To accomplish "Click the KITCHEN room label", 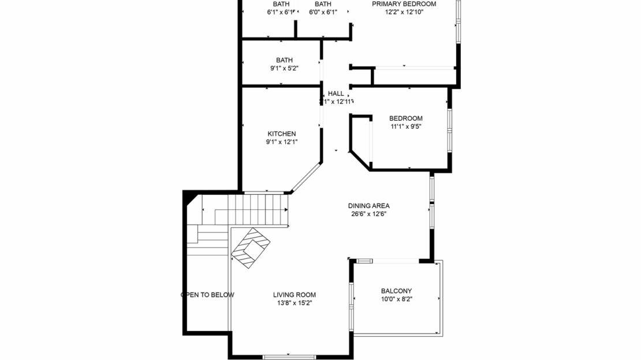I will [281, 134].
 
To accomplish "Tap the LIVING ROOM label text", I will [294, 295].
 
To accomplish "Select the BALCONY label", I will [396, 291].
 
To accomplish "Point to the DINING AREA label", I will [368, 206].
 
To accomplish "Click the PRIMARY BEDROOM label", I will [404, 3].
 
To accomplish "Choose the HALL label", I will [336, 94].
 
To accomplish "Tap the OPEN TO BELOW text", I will [208, 295].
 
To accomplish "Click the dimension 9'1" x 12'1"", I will [281, 142].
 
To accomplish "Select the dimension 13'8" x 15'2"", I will [294, 303].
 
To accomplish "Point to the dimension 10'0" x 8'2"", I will [396, 299].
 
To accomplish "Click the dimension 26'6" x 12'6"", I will [368, 214].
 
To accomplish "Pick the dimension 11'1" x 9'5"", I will [405, 127].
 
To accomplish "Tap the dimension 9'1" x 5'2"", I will [284, 68].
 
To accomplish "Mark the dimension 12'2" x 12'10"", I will [404, 12].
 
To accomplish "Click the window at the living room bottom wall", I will [293, 356].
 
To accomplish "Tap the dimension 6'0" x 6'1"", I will [323, 12].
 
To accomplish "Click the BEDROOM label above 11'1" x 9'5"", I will [405, 118].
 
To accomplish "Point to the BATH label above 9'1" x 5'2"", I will [284, 60].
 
